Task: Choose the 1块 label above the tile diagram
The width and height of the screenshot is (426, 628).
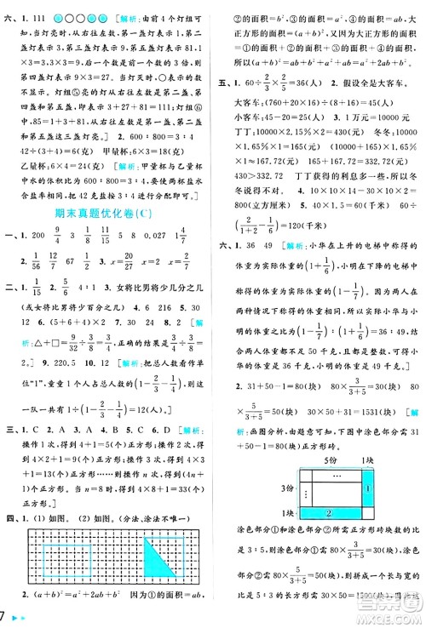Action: (366, 460)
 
